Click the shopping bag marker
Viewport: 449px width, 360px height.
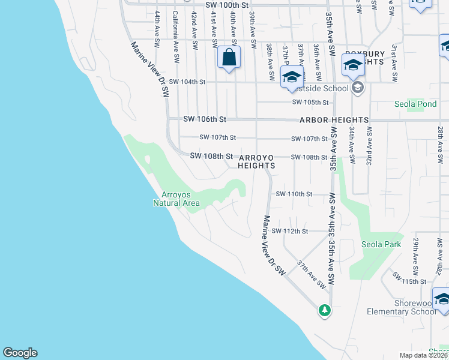[229, 58]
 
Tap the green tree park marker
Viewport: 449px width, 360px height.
[325, 310]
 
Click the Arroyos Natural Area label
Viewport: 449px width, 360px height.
[180, 199]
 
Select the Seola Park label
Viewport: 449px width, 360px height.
[381, 244]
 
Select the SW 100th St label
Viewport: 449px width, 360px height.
[226, 5]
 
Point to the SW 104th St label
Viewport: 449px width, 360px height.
[187, 82]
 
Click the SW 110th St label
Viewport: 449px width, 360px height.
[294, 194]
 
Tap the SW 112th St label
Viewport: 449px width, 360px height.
[290, 231]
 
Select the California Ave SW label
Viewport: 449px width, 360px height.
[176, 37]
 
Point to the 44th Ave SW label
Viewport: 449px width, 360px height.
[157, 29]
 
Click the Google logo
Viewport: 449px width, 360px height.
[20, 353]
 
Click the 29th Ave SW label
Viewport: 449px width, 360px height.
[415, 252]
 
